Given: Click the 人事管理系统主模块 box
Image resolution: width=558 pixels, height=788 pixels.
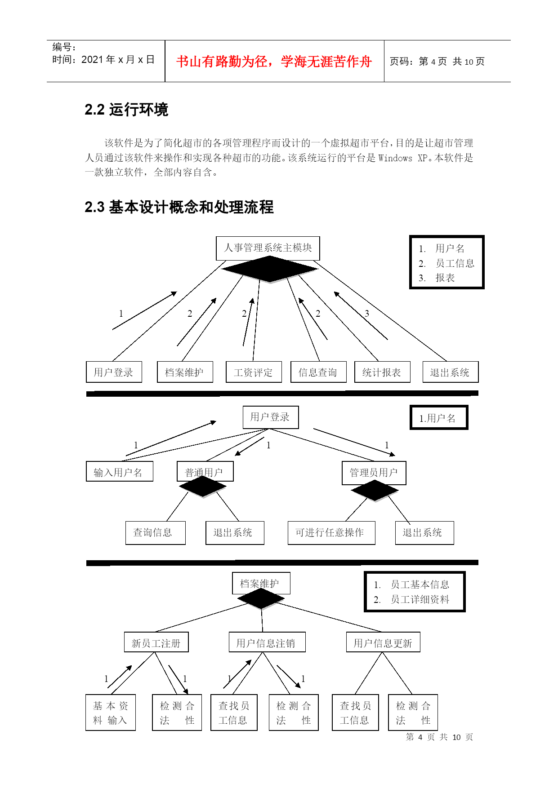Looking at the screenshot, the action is point(268,248).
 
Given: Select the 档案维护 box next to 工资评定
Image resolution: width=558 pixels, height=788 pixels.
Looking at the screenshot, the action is point(185,372).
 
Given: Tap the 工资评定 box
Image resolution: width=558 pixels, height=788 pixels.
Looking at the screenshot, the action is point(254,372).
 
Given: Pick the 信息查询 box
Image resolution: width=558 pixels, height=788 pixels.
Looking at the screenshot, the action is point(318,372).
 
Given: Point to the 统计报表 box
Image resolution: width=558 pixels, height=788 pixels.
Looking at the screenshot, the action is point(382,372).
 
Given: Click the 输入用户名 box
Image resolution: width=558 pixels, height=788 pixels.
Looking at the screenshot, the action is point(120,472).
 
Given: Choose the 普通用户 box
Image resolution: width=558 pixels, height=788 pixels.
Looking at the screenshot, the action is point(205,472).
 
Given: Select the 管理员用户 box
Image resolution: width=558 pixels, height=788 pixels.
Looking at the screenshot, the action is point(374,473).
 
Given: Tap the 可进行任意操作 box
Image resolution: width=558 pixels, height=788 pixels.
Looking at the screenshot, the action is point(331,533).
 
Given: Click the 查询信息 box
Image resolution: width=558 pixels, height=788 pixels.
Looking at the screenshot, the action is point(155,533).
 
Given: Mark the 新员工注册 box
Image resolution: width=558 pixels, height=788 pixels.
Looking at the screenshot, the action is point(156,642).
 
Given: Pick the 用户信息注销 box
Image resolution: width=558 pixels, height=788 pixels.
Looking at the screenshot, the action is point(267,642).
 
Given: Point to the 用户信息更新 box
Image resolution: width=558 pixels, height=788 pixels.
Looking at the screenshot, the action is point(383,642).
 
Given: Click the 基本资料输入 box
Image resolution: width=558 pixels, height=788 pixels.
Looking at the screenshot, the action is point(111,713).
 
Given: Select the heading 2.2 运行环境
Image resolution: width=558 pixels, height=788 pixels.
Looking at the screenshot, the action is point(126,110).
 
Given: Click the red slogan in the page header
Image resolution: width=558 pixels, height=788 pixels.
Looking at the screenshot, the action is point(274,62).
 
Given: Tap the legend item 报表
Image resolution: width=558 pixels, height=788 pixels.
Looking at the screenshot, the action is point(445,278).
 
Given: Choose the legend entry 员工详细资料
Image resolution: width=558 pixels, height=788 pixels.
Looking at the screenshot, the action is point(420,599).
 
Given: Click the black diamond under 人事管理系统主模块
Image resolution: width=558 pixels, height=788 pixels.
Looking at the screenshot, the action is point(269,269).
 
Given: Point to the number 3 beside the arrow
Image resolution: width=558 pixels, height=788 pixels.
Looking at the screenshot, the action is point(367,314).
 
